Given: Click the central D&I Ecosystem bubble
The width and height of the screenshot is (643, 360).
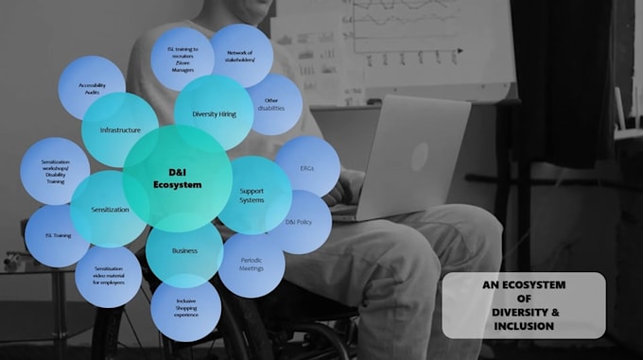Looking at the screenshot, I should pos(178,178).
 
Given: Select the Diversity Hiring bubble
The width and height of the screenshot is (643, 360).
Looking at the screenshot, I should pos(214,112).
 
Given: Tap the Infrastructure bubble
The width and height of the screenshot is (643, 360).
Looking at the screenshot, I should pos(120,129).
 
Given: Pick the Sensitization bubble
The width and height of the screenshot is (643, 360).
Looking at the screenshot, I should pos(110,209).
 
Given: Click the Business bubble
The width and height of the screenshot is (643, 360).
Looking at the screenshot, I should pos(184,251).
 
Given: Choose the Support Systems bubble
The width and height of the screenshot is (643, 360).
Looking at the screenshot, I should pos(253,195).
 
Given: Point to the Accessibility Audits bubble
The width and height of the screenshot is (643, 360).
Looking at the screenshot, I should pos(92,88).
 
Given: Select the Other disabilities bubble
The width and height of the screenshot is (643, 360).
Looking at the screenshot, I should pos(273,104).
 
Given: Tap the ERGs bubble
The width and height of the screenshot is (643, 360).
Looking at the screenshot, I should pos(307,166).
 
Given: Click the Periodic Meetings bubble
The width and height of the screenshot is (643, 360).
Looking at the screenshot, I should pos(252,265).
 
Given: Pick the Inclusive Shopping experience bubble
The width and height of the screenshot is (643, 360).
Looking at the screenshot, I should pos(185,308).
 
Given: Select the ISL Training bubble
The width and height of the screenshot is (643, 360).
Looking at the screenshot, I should pos(58,235).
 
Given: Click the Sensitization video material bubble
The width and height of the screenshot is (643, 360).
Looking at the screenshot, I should pos(108,275).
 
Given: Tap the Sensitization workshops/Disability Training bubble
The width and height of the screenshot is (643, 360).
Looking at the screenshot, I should pos(55,170).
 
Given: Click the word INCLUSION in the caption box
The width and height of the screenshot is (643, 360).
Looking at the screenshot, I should pos(523,327).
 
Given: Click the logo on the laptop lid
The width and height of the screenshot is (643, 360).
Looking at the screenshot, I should pos(419,156).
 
